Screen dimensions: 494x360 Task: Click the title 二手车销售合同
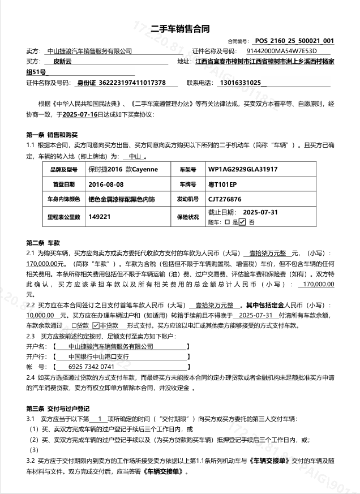pyautogui.click(x=179, y=29)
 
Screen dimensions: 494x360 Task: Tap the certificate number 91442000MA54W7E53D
pyautogui.click(x=281, y=51)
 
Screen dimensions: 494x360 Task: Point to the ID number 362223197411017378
pyautogui.click(x=131, y=83)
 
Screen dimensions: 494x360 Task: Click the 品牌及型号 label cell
pyautogui.click(x=63, y=169)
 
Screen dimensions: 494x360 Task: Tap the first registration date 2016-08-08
pyautogui.click(x=106, y=184)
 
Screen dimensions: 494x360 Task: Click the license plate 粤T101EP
pyautogui.click(x=222, y=184)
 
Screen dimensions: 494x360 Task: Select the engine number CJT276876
pyautogui.click(x=225, y=199)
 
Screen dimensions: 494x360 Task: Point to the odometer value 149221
pyautogui.click(x=100, y=217)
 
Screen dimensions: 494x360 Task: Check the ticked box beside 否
pyautogui.click(x=242, y=222)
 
